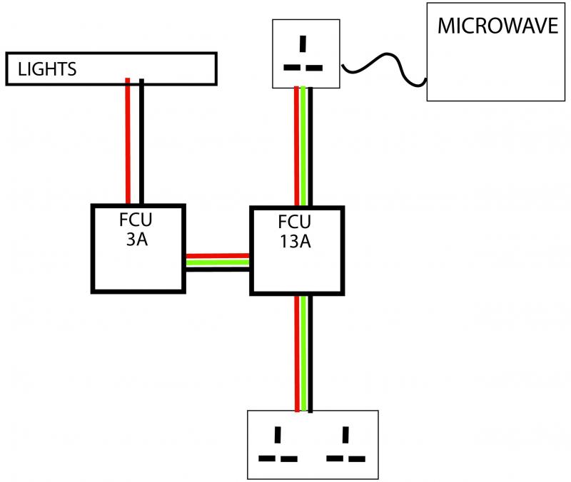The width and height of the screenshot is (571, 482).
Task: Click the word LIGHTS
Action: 48,69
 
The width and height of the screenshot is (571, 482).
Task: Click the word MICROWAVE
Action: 497,26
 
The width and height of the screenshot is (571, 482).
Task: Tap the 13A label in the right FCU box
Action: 296,241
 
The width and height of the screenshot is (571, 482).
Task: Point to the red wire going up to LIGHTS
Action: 128,143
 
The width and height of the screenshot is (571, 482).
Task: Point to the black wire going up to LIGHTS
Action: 141,143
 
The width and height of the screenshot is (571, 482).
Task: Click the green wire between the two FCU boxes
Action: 217,262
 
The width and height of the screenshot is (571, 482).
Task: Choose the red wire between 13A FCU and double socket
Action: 297,353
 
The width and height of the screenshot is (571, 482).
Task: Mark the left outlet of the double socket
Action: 278,445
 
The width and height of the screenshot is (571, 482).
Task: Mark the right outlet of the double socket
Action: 345,445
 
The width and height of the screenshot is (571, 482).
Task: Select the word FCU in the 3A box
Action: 138,219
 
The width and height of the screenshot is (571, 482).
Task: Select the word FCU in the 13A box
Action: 295,221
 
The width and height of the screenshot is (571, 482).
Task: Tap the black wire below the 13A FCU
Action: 311,353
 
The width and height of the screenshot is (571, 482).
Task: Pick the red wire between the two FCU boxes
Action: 217,256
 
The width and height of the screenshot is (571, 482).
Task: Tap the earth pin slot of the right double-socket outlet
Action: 346,433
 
